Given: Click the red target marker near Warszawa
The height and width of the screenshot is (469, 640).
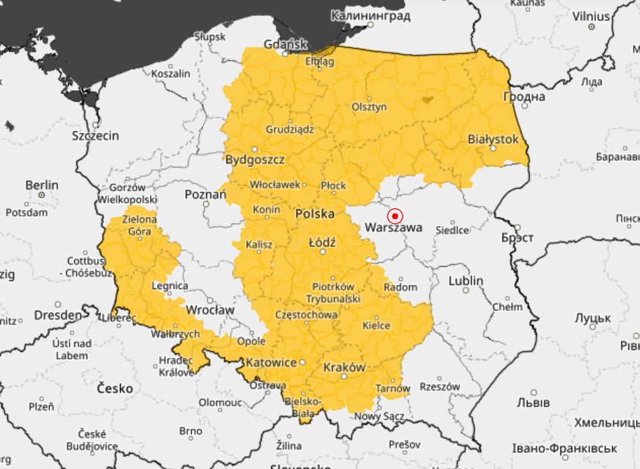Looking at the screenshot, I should [395, 216].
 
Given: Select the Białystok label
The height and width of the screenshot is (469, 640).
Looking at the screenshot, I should [493, 139].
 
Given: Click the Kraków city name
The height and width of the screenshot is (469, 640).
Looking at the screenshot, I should [344, 368].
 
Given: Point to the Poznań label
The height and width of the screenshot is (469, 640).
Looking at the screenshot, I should [205, 195].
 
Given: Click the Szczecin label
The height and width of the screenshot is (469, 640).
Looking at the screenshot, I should [95, 136].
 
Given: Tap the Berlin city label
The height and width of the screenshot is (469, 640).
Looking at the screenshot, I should [42, 185].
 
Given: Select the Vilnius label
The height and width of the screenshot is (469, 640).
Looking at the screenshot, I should [591, 16].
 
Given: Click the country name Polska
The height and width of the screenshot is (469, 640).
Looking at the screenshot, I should [315, 214].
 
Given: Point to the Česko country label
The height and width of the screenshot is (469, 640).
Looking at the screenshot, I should [115, 389].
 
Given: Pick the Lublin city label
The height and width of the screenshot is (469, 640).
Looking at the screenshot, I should [465, 280].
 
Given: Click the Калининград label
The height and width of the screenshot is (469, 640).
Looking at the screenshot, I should [371, 14].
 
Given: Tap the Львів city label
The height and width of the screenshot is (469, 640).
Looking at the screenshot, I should [532, 403].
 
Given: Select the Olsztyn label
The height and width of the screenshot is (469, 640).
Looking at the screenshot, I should [369, 107].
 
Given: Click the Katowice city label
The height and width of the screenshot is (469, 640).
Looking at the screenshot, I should [271, 363].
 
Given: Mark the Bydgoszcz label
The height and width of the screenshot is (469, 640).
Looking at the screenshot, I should [254, 160].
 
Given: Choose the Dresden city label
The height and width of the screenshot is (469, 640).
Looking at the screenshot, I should [58, 316].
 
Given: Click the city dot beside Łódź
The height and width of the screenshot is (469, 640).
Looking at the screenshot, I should [323, 252].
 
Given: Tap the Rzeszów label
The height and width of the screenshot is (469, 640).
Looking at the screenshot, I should [440, 387].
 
